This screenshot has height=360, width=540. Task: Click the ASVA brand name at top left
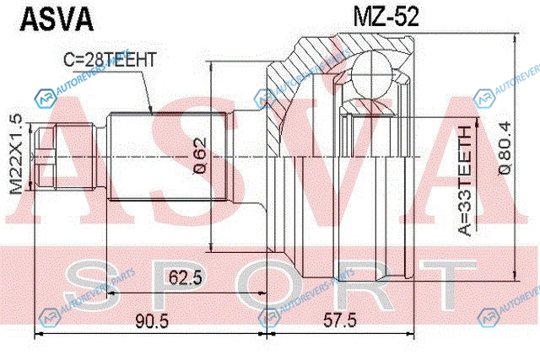[x=57, y=19]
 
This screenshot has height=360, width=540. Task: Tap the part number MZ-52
[x=386, y=17]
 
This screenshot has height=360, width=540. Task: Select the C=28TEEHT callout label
[x=110, y=60]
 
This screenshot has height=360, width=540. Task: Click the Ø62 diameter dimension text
[x=200, y=156]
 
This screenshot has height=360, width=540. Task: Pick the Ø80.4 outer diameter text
[x=505, y=148]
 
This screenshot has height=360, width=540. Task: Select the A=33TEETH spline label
[x=466, y=180]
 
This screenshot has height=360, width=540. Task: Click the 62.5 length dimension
[x=186, y=277]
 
